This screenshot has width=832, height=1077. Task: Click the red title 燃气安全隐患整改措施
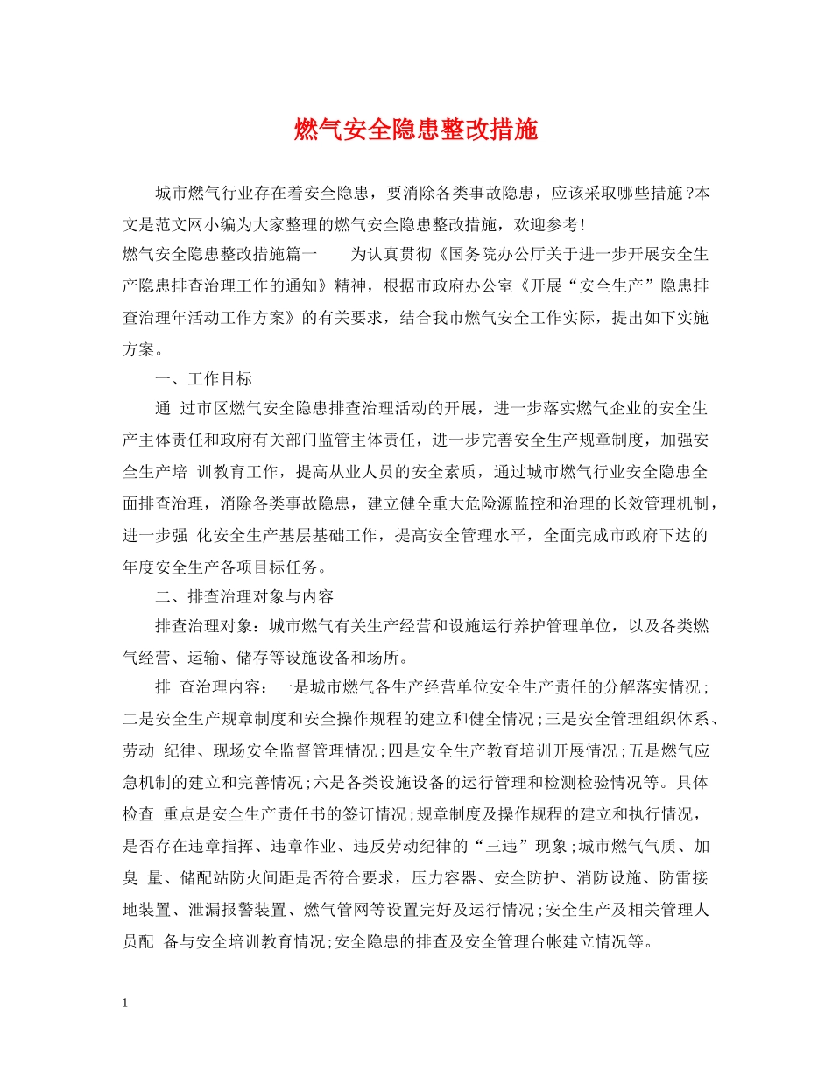415,131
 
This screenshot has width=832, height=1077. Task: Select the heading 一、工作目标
203,379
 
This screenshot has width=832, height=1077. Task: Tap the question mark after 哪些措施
690,194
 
